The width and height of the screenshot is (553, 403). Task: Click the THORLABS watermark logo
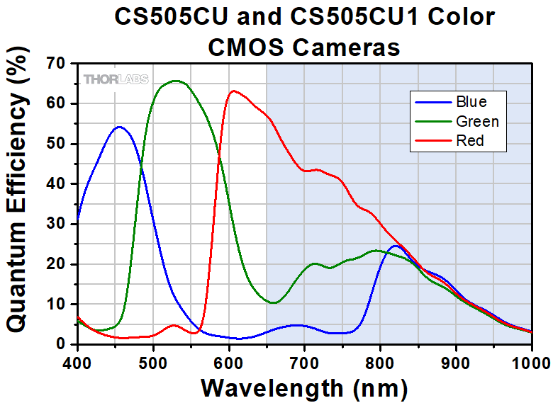pyautogui.click(x=116, y=79)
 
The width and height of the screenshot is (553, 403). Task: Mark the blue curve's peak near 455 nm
pyautogui.click(x=119, y=127)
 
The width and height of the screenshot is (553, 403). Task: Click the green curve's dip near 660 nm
pyautogui.click(x=274, y=302)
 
